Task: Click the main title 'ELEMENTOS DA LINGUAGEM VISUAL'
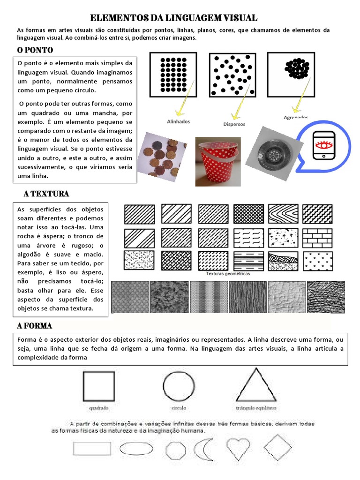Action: click(173, 18)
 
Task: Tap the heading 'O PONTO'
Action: click(35, 50)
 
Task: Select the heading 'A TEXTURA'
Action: click(46, 194)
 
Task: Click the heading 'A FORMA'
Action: click(35, 326)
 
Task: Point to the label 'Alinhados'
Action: click(179, 121)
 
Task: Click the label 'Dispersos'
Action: click(234, 124)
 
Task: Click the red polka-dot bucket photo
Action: click(218, 161)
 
